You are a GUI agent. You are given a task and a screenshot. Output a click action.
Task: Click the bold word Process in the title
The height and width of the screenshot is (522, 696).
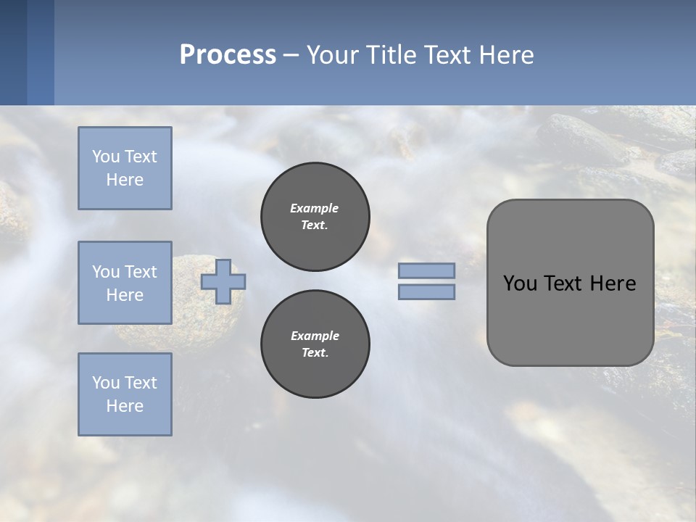[228, 54]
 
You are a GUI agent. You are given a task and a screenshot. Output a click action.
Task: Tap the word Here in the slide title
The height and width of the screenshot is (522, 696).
[506, 54]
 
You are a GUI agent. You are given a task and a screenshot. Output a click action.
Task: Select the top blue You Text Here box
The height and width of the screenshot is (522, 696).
[125, 168]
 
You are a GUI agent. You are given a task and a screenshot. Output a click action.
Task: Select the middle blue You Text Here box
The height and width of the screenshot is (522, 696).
[125, 283]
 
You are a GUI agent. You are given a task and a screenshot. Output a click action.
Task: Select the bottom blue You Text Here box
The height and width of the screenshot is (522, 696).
[125, 394]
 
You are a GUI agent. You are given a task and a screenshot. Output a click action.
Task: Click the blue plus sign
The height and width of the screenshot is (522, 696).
[223, 281]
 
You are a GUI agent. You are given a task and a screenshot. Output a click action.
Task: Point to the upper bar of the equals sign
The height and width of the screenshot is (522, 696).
[426, 270]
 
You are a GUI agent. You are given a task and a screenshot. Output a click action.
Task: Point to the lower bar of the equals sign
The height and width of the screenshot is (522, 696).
[426, 292]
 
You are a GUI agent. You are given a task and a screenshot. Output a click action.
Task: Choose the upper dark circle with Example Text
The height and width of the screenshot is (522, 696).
[315, 216]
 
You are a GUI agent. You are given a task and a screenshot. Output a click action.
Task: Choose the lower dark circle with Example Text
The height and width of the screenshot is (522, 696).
[315, 344]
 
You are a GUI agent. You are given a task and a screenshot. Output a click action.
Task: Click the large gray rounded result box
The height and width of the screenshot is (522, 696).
[570, 319]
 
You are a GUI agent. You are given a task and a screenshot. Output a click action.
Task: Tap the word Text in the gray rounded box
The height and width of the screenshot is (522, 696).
[565, 283]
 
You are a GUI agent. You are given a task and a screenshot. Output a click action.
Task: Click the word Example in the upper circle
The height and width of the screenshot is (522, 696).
[314, 208]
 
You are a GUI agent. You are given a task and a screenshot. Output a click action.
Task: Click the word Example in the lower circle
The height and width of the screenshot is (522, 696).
[315, 336]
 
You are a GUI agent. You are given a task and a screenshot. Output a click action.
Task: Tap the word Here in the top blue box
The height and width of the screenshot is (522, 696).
[125, 180]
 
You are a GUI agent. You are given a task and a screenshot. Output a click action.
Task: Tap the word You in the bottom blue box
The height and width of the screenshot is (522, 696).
[106, 383]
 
